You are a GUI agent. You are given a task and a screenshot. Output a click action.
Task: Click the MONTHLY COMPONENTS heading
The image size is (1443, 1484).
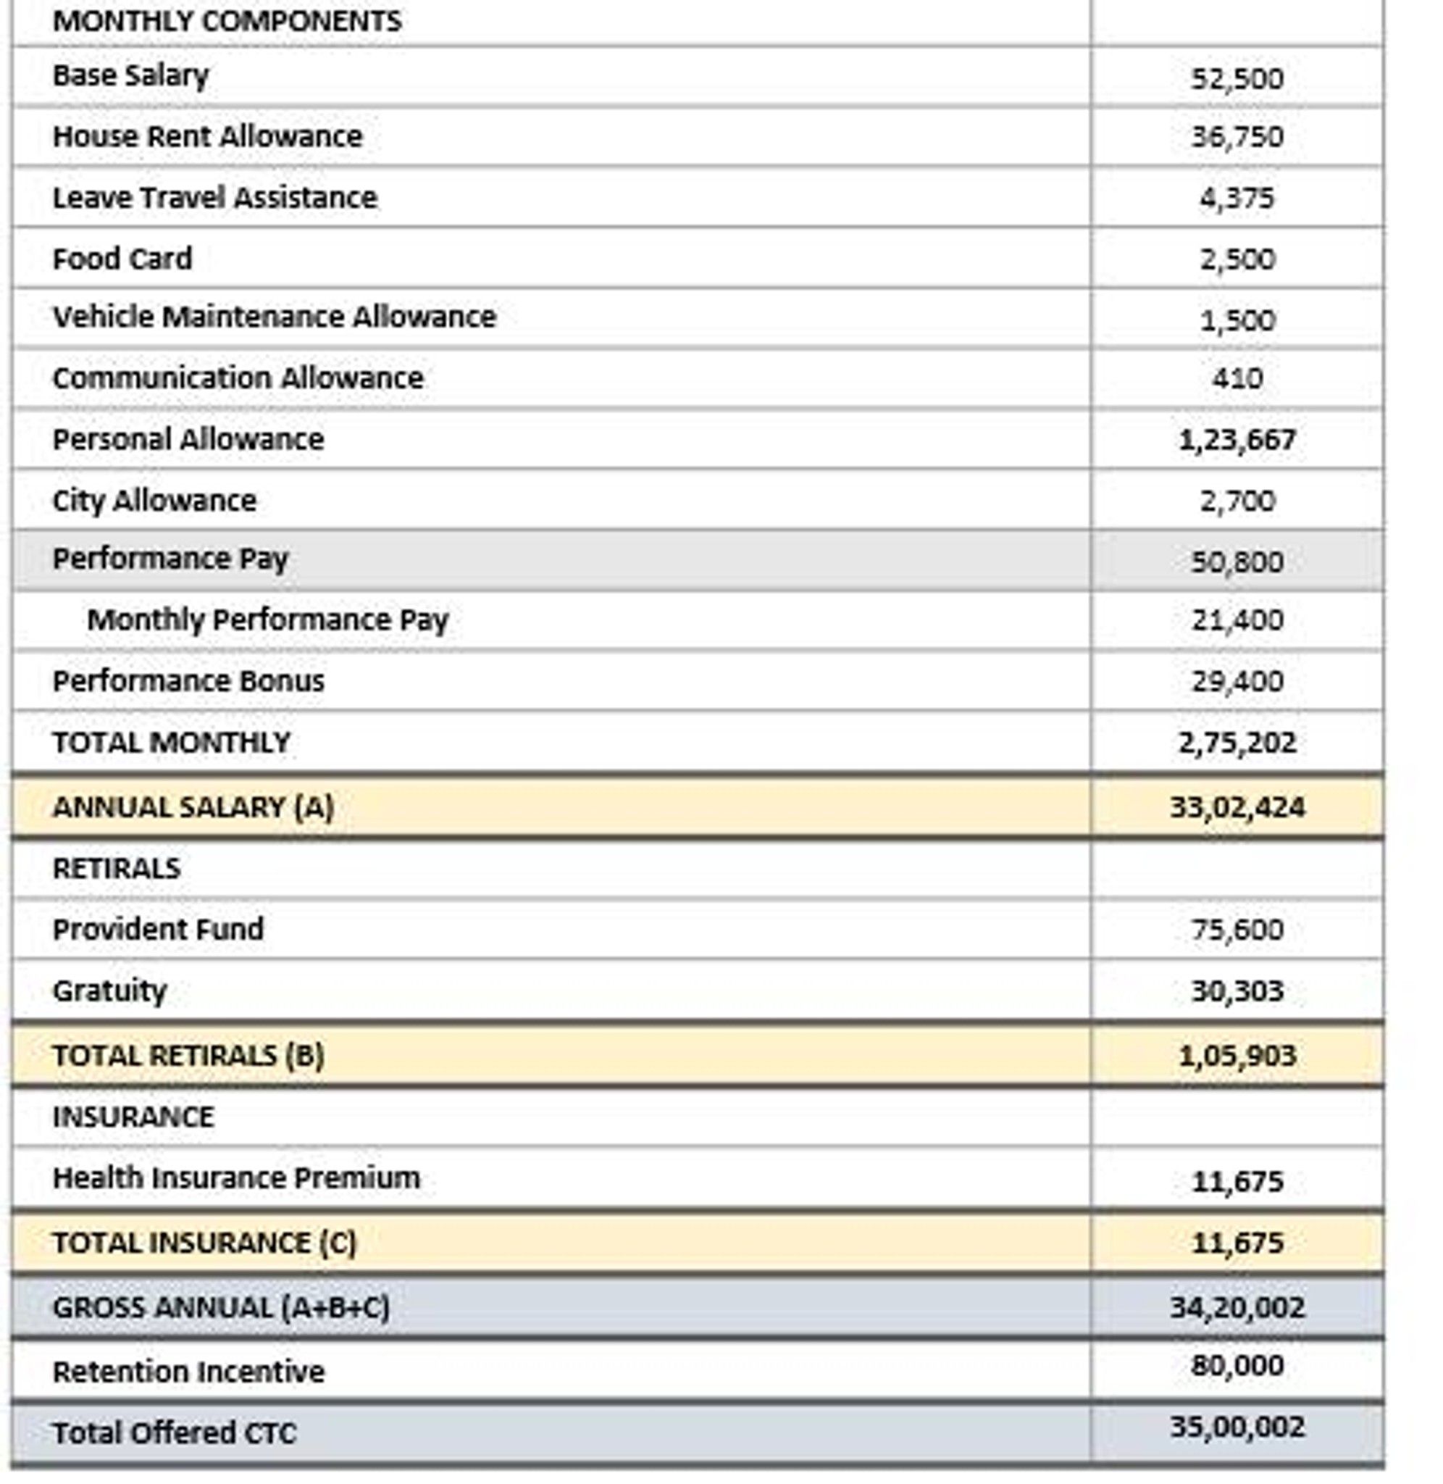coord(227,20)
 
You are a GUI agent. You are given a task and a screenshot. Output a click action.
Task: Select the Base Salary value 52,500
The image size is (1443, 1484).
coord(1237,78)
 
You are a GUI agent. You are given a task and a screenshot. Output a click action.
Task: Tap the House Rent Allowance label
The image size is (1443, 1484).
coord(207,136)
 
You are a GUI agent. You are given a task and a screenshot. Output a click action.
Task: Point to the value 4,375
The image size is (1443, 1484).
coord(1237,198)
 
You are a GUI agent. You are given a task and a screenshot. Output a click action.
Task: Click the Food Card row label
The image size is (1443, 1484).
coord(122,259)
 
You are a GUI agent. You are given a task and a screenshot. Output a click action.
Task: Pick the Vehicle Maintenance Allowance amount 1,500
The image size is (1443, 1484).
coord(1237,320)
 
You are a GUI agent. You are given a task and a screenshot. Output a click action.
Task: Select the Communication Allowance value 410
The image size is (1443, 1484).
coord(1237,378)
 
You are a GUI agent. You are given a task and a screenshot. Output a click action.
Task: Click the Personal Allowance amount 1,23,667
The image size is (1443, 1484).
coord(1237,440)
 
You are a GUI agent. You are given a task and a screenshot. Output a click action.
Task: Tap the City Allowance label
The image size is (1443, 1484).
coord(154,500)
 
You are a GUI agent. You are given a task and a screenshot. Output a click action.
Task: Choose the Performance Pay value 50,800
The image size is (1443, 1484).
coord(1237,562)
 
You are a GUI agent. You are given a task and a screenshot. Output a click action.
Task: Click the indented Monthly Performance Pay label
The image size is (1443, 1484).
coord(267,620)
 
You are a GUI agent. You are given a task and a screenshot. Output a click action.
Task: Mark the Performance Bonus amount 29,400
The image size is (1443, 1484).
coord(1237,680)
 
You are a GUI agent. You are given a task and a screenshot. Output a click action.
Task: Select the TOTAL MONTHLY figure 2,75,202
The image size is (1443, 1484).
coord(1237,742)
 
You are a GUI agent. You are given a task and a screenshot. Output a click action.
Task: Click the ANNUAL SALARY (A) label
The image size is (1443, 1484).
coord(193,807)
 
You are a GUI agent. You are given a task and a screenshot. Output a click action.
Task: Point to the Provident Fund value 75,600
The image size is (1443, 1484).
coord(1237,929)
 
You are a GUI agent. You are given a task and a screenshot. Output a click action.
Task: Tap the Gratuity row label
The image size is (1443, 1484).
coord(109,991)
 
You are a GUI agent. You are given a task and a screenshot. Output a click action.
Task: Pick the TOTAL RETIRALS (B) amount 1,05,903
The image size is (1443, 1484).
coord(1237,1056)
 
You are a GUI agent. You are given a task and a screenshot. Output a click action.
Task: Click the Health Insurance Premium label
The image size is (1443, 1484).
coord(235,1177)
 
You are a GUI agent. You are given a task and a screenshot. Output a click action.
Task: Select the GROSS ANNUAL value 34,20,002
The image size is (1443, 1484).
coord(1237,1307)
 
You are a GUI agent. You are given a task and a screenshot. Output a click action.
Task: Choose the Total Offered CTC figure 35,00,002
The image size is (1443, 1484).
coord(1237,1427)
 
